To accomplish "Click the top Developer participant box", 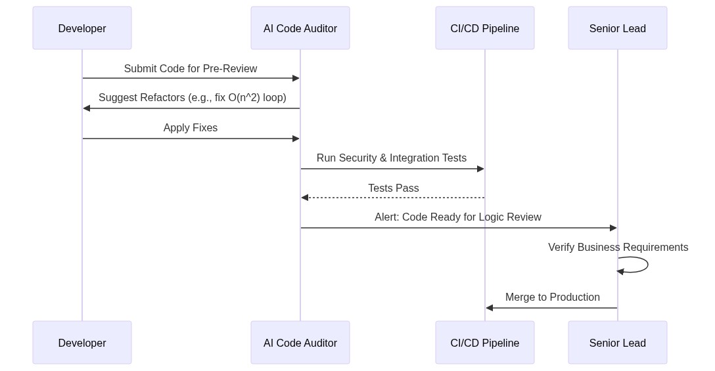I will tap(82, 28).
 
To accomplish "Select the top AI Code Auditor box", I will tap(300, 28).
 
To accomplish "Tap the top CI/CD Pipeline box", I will tap(485, 28).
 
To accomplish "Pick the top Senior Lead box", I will tap(618, 28).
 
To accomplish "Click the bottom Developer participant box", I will tap(82, 343).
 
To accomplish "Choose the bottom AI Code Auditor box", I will tap(300, 343).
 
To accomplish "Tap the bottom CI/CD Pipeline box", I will tap(485, 343).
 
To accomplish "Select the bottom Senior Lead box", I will tap(618, 343).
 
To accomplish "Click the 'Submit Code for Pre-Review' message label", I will tap(191, 69).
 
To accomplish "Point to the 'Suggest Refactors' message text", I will tap(193, 98).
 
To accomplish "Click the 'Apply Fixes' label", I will tap(191, 128).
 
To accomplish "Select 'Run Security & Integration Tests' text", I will tap(392, 158).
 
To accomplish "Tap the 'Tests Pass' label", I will tap(394, 188).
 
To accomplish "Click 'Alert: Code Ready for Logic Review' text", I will tap(458, 217).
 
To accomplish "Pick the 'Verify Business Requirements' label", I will tap(618, 248).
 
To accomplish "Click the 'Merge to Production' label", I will tap(553, 297).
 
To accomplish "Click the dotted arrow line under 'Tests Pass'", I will tap(394, 198).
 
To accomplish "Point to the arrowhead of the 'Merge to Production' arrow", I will tap(490, 308).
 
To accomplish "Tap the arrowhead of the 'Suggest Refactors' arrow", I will tap(87, 108).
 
